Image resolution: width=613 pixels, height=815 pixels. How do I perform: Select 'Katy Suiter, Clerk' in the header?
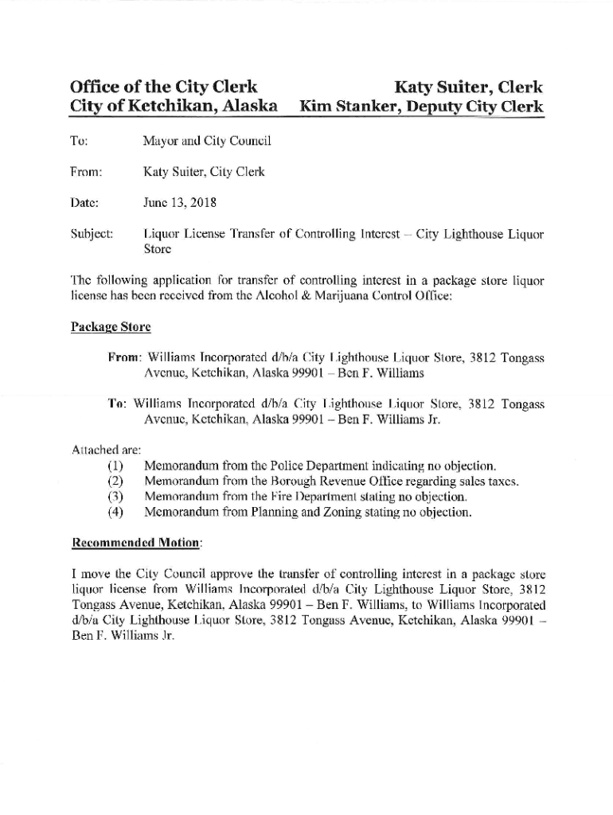pos(467,87)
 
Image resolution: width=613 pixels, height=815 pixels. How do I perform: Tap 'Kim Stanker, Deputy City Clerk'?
pos(421,107)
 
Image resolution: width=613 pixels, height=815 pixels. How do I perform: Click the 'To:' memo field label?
pos(79,141)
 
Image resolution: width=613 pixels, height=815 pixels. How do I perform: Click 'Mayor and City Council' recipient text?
pos(207,141)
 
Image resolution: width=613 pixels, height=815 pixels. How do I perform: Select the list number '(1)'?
pos(115,466)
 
